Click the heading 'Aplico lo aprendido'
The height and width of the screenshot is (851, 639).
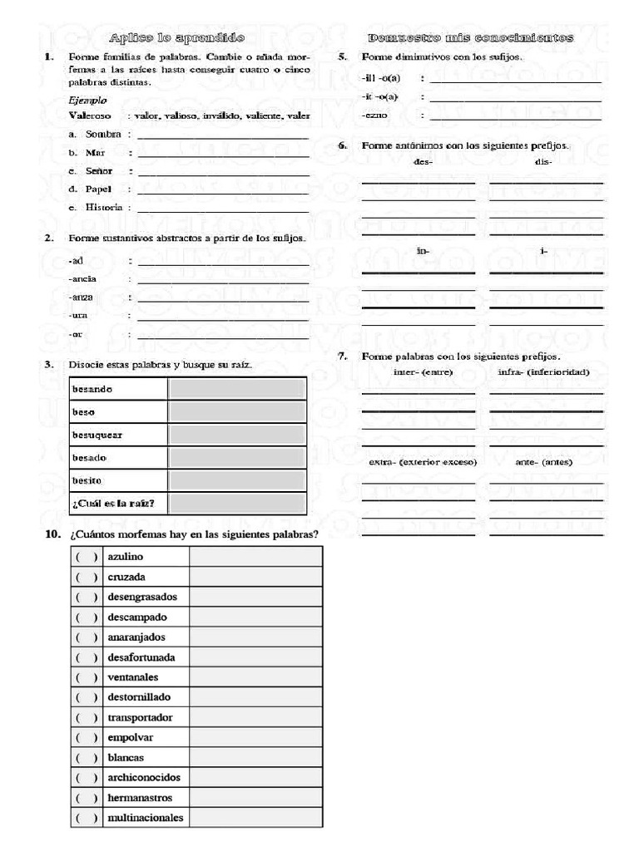[177, 38]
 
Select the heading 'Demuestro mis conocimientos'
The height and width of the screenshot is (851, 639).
[470, 38]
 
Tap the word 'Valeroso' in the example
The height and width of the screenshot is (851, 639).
[89, 116]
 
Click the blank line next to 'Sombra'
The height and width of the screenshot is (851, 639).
[223, 135]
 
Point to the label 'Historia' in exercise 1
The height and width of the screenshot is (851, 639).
[103, 207]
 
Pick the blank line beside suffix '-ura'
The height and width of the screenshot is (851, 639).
[223, 317]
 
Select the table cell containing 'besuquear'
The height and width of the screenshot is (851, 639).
[120, 435]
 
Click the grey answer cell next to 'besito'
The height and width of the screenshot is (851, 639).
[236, 480]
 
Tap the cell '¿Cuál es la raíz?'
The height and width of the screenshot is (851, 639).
[120, 503]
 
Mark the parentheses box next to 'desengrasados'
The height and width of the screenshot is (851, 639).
[86, 597]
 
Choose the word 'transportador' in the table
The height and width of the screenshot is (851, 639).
[140, 717]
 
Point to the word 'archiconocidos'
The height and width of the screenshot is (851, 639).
[144, 778]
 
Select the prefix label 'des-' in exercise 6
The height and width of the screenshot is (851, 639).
[423, 162]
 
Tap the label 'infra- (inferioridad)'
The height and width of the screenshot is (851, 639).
[543, 371]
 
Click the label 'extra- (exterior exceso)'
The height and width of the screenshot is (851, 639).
[423, 462]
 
